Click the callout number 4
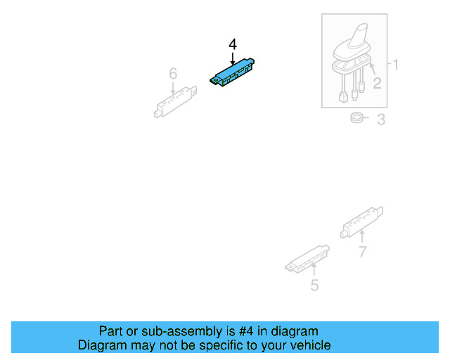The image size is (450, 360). click(x=233, y=45)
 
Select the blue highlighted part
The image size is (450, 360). click(x=232, y=72)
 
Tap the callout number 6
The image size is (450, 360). click(x=173, y=74)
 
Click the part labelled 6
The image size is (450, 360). click(x=175, y=102)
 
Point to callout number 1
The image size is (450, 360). click(x=395, y=64)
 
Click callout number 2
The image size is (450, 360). click(x=377, y=83)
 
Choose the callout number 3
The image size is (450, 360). click(x=381, y=119)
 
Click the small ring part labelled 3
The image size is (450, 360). click(x=356, y=117)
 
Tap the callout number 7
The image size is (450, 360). click(x=363, y=252)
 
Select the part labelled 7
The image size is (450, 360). click(x=361, y=222)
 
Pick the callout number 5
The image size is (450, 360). click(x=314, y=285)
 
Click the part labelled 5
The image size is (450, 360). click(x=307, y=258)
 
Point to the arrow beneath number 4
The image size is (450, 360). click(x=233, y=58)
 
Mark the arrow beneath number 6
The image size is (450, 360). click(x=173, y=88)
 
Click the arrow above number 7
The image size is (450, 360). click(x=362, y=237)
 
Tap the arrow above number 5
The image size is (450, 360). click(x=314, y=270)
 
